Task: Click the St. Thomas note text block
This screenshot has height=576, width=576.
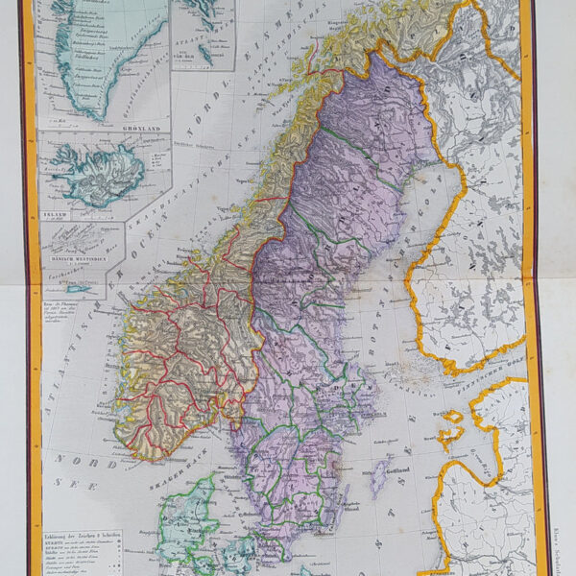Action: pos(75,313)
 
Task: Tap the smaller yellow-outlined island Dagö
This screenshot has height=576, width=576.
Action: pos(450,415)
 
